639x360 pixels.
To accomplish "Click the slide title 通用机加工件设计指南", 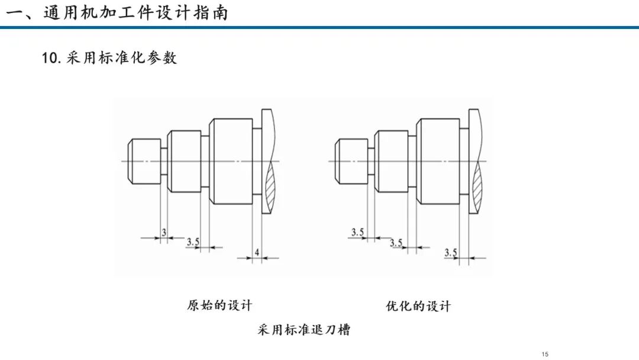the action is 135,13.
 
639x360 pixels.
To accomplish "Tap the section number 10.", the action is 51,58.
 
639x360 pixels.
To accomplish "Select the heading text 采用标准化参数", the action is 121,58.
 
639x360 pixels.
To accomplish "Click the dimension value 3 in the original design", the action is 164,232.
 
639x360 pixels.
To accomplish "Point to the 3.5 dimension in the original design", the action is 193,242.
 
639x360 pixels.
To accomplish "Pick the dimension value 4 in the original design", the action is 257,252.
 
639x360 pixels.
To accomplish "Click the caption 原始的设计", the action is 220,306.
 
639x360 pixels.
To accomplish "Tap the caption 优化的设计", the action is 418,306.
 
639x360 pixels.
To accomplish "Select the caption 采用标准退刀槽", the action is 304,329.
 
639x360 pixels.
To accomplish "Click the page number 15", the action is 545,354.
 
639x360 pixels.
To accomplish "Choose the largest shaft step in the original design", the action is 231,162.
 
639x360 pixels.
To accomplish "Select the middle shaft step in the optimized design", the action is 391,162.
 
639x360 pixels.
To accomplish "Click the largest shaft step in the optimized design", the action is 438,162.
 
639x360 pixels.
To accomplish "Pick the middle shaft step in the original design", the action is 184,162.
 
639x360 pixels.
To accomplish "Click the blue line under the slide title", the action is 319,27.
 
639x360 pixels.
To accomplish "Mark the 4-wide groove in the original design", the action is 257,162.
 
